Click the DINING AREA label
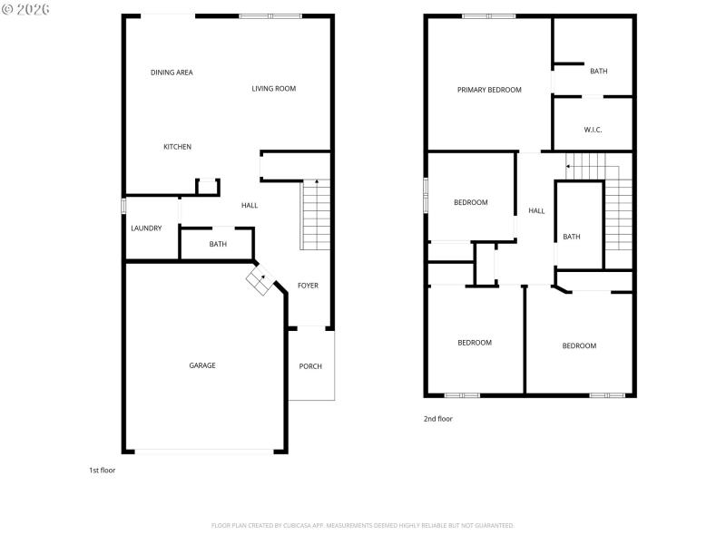(x=172, y=73)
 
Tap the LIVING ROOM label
(x=274, y=88)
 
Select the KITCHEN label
(x=177, y=147)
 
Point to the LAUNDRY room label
(x=146, y=228)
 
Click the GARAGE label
(x=202, y=365)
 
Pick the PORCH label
(x=310, y=366)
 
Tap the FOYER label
(x=308, y=286)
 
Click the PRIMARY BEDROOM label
(x=489, y=90)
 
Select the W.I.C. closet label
(x=593, y=130)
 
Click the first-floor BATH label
(x=218, y=244)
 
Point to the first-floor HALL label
(x=250, y=205)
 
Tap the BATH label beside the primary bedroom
(x=598, y=71)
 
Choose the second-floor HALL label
(x=536, y=210)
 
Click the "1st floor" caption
(x=102, y=471)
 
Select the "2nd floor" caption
(x=437, y=419)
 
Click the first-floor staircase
(x=314, y=216)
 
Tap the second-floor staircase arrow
(x=569, y=167)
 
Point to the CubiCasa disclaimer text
(x=362, y=525)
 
